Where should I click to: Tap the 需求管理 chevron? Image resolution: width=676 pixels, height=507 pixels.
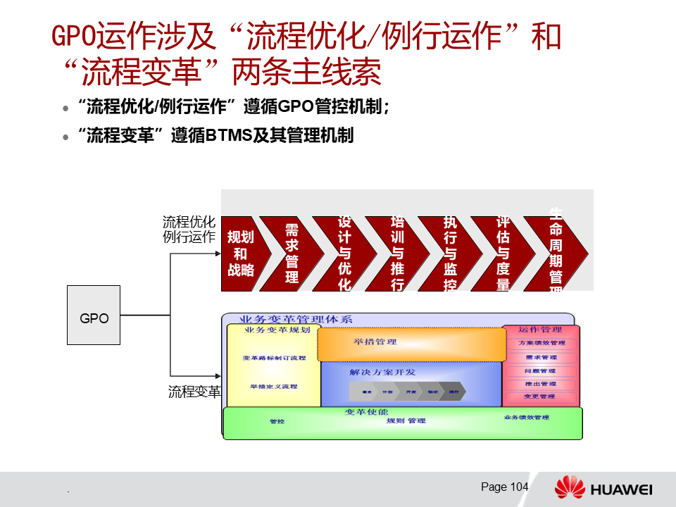[x=292, y=254]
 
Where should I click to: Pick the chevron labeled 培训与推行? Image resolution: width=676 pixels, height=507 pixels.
[x=397, y=254]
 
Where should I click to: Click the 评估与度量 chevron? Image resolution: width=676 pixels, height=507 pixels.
[x=503, y=254]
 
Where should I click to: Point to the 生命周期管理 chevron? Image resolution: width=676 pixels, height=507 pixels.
[x=556, y=254]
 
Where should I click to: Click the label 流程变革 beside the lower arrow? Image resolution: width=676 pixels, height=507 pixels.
[x=194, y=392]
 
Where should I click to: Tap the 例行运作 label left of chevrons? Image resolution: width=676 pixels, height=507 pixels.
[x=189, y=237]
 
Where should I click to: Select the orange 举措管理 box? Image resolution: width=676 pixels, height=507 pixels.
[x=412, y=344]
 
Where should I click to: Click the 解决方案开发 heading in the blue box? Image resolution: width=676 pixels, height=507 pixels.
[x=382, y=372]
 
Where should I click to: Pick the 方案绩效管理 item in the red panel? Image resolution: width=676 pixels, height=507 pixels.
[x=542, y=343]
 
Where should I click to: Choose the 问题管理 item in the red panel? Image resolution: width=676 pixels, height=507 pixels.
[x=540, y=370]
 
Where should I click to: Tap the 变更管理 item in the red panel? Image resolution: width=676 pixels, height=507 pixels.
[x=540, y=396]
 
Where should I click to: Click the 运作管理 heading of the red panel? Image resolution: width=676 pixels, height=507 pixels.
[x=540, y=330]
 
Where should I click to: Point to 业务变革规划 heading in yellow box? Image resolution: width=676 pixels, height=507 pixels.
[x=277, y=330]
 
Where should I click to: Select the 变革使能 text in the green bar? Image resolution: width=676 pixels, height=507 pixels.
[x=366, y=412]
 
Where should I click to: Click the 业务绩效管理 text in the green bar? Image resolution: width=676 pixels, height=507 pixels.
[x=526, y=418]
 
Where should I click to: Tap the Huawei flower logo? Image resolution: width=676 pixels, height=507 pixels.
[x=569, y=487]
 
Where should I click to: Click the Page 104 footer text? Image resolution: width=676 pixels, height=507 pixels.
[x=504, y=487]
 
